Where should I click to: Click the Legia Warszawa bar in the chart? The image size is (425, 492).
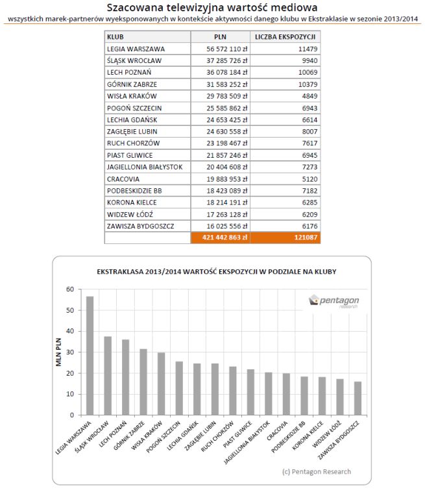pos(90,355)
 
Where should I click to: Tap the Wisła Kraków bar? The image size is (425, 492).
pos(161,384)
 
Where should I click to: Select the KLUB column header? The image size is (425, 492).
pos(116,37)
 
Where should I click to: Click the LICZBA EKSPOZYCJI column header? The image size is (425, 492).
pos(285,37)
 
